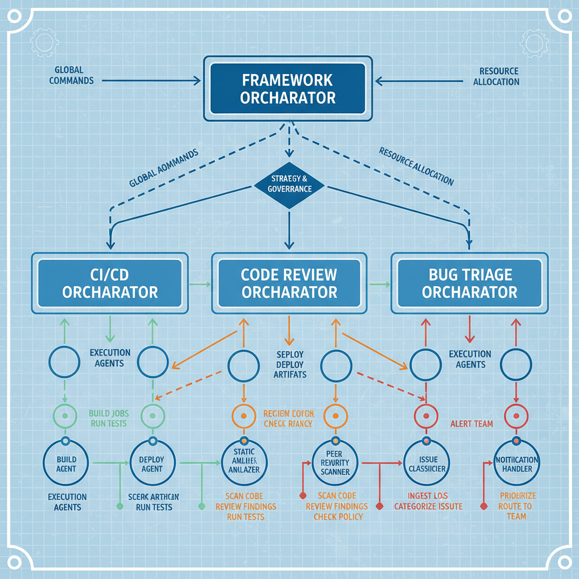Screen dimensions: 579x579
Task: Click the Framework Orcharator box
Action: point(288,88)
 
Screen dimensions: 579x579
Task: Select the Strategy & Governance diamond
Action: point(289,184)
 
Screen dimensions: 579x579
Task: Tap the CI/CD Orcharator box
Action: point(110,283)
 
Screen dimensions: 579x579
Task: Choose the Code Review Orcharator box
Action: point(289,283)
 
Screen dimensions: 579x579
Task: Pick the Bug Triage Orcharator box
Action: point(469,283)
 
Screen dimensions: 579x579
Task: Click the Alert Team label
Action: point(472,424)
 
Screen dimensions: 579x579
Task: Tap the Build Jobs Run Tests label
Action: point(107,418)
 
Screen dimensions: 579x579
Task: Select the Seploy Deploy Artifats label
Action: point(290,365)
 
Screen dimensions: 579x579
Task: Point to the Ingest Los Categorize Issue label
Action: point(428,501)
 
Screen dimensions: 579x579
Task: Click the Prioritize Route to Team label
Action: point(516,506)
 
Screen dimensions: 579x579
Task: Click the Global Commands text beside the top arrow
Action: point(71,75)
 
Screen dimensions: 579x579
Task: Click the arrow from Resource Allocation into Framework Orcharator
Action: point(418,81)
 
